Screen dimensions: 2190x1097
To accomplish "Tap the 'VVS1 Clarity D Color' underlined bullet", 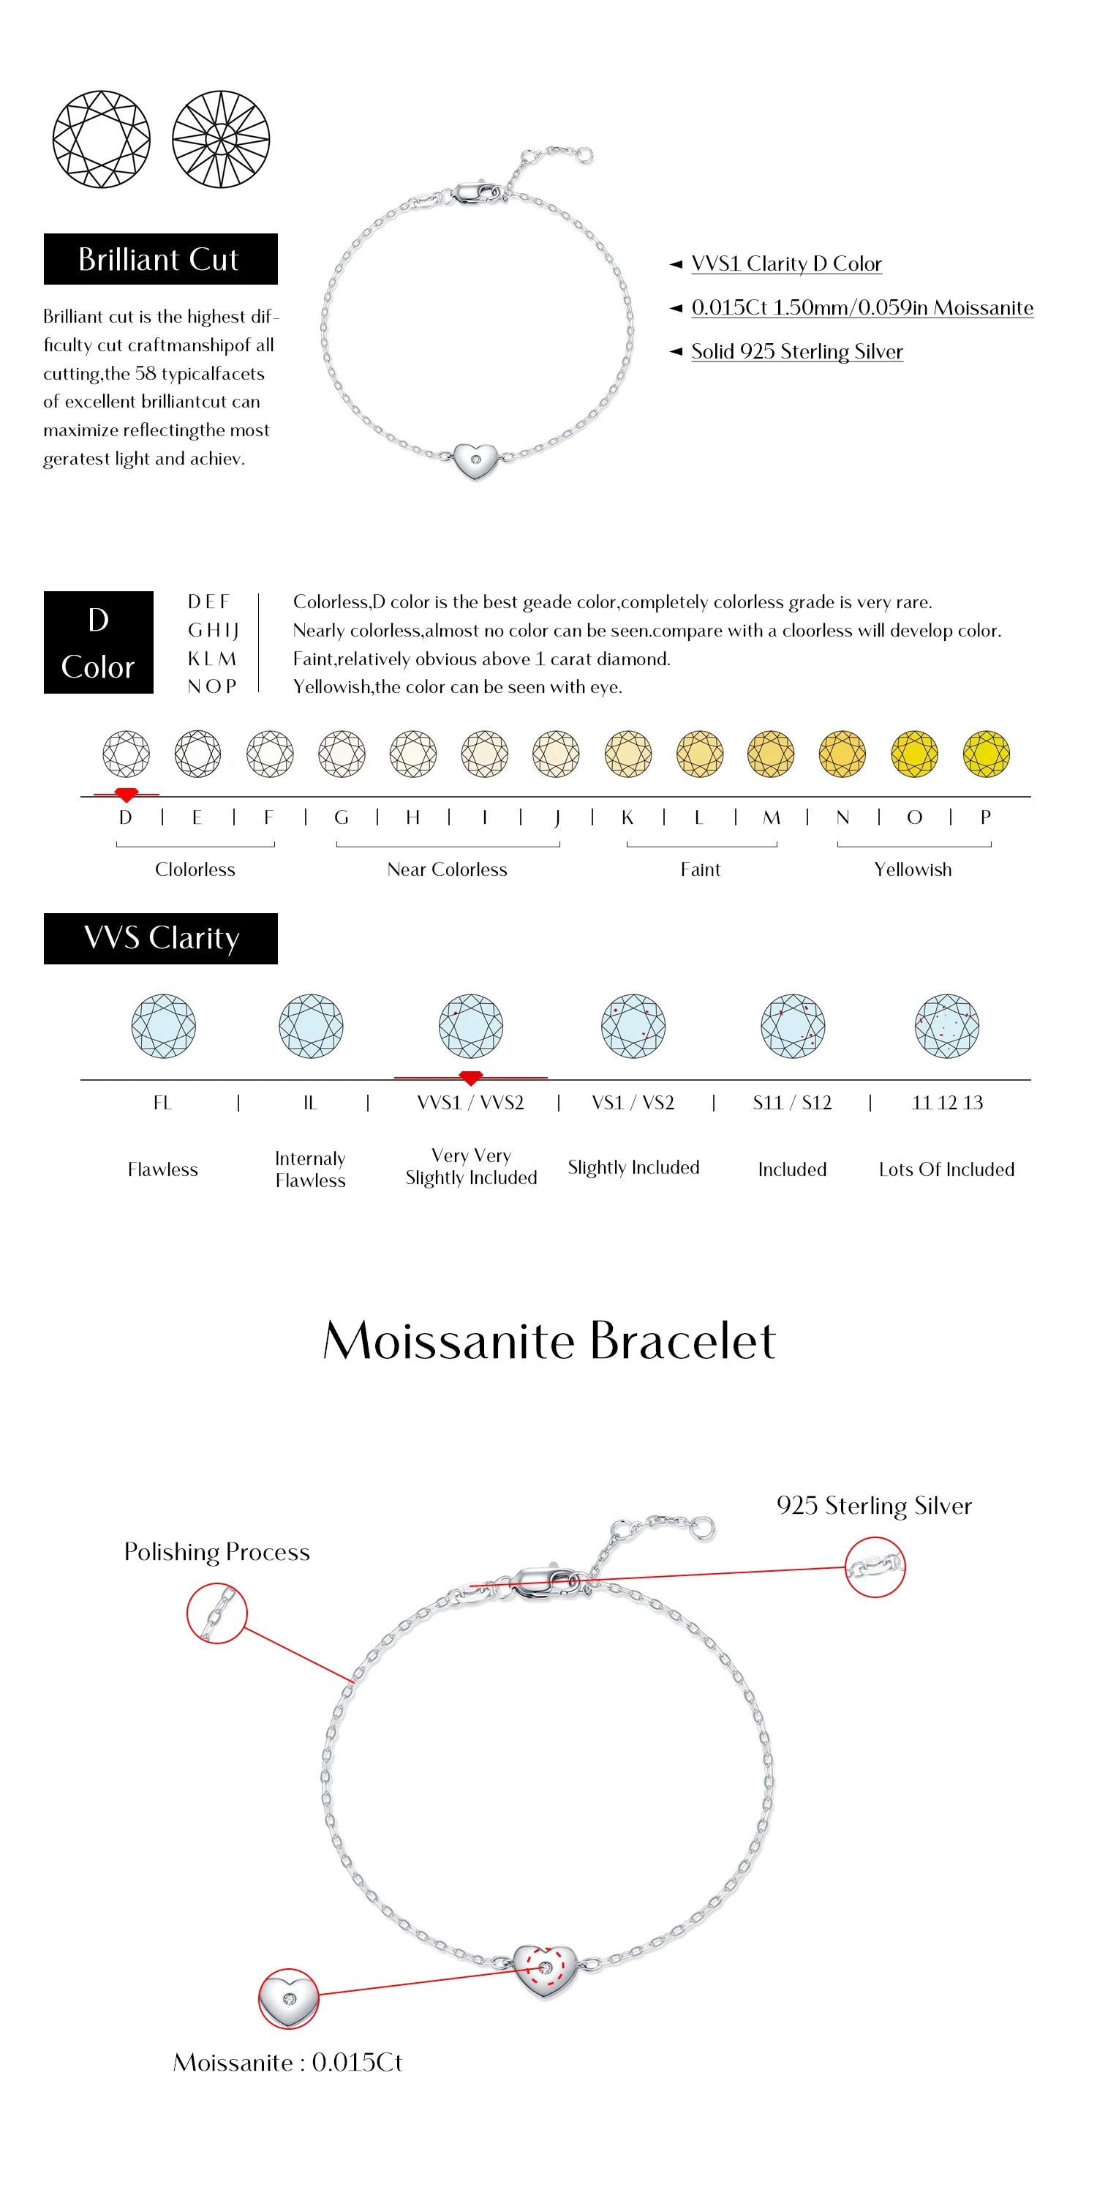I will [x=786, y=263].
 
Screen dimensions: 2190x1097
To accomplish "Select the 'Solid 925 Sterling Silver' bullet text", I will [x=796, y=351].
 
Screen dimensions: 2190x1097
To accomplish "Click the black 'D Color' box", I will [x=99, y=642].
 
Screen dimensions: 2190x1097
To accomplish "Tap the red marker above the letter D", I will [x=127, y=795].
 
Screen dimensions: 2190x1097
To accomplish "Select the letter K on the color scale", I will [x=627, y=817].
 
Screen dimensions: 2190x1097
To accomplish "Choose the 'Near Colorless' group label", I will [x=447, y=869].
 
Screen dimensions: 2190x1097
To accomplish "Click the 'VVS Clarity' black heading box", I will [x=161, y=938].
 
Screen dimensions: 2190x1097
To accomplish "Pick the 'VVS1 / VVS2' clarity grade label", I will [x=470, y=1102].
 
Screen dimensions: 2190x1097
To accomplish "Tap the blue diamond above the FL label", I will [x=163, y=1025].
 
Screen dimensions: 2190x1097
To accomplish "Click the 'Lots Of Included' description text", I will [x=946, y=1169].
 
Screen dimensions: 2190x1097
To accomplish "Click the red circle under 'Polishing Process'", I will [x=216, y=1613].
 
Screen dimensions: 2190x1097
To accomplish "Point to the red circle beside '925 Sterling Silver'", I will [x=875, y=1566].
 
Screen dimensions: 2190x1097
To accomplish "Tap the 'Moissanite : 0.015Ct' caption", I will [x=287, y=2062].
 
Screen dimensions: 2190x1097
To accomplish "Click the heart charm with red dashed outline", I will [x=545, y=1970].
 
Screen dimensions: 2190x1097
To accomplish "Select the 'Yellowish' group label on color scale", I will [x=913, y=869].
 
